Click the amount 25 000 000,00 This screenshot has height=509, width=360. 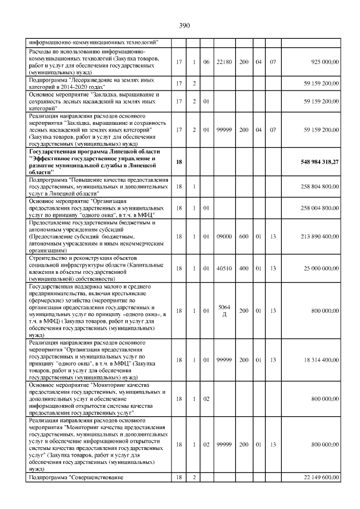click(x=316, y=269)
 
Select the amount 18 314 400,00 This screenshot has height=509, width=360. click(x=316, y=359)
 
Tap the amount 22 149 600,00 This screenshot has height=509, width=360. click(x=316, y=477)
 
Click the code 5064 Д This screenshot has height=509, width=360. click(x=223, y=310)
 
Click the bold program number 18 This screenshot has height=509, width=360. click(x=179, y=162)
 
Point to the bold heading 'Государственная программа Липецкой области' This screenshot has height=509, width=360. click(x=95, y=152)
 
